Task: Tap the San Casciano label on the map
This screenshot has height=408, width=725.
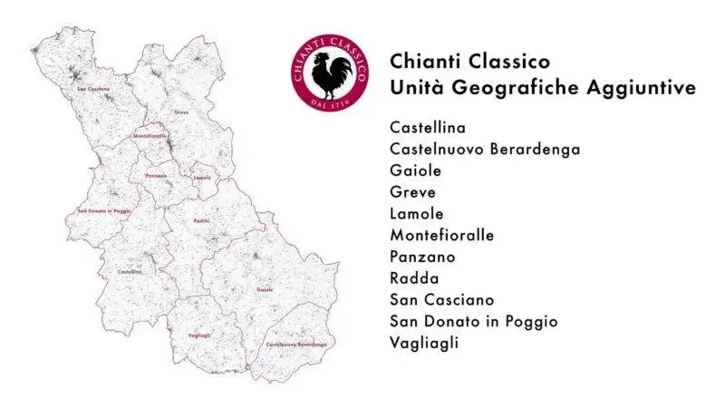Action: (93, 89)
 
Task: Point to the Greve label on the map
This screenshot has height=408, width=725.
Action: (181, 112)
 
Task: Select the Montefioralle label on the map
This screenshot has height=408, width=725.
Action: (150, 136)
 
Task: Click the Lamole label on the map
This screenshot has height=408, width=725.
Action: (202, 178)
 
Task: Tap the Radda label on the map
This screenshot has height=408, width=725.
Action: (201, 220)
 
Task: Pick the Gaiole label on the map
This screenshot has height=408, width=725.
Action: (265, 289)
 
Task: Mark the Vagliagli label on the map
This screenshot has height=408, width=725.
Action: (199, 335)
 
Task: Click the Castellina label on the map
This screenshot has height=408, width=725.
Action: (130, 271)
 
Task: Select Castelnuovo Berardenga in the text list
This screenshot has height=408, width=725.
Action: (485, 149)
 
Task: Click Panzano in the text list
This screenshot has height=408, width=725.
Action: (422, 257)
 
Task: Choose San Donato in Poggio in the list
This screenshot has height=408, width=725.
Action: (474, 322)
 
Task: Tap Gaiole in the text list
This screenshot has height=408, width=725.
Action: (415, 170)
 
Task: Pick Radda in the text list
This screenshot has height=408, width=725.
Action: (414, 278)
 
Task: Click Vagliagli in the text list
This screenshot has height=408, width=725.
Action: (424, 343)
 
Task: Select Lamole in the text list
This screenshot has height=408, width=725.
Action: (417, 214)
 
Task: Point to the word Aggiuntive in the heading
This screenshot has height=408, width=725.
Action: (640, 88)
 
